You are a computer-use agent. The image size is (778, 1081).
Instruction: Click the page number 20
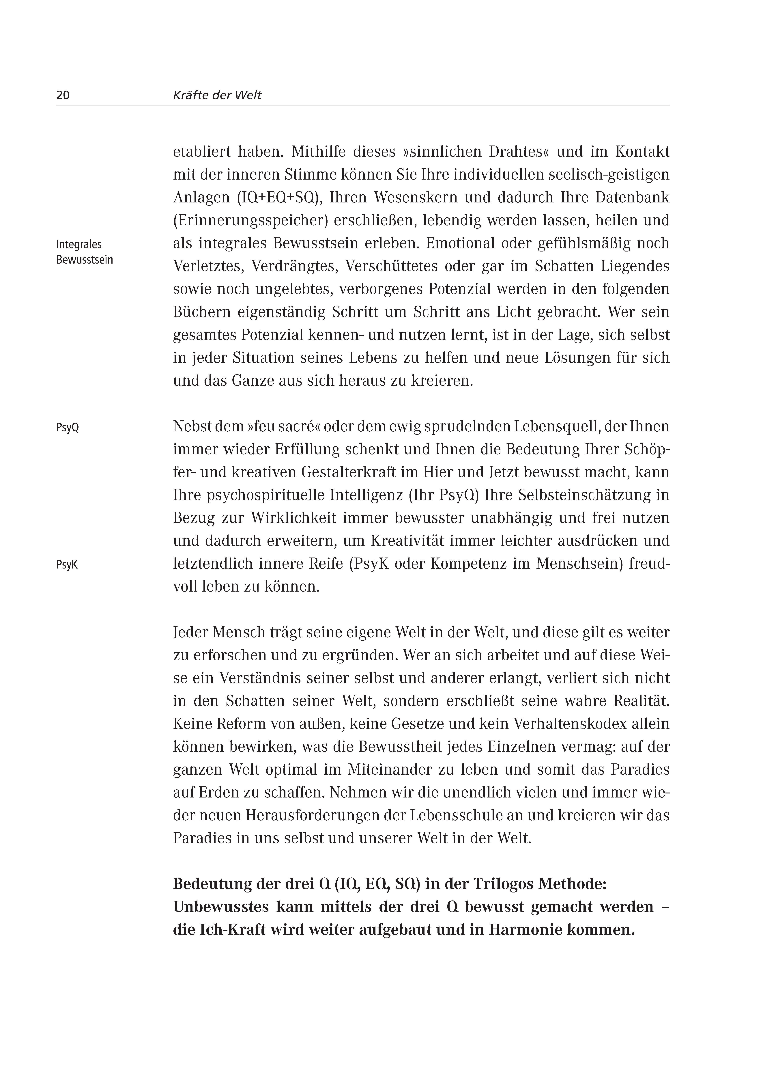(x=63, y=95)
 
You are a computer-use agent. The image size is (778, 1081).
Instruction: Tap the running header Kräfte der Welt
(x=217, y=95)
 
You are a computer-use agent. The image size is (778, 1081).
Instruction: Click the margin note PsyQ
(x=67, y=428)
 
